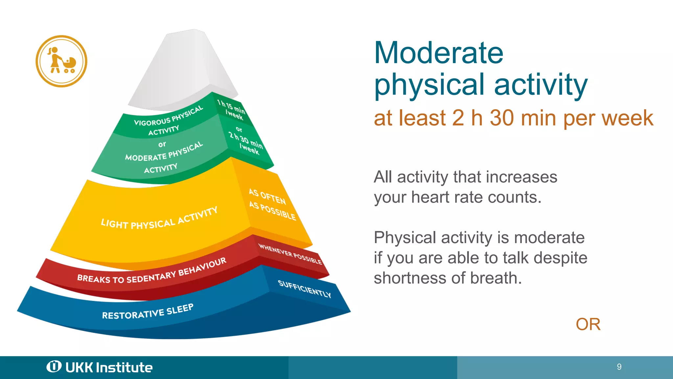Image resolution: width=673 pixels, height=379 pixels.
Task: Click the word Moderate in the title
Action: (x=438, y=53)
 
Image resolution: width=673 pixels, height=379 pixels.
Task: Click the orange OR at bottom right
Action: (x=588, y=324)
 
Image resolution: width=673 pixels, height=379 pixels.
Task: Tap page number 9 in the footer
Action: (x=619, y=367)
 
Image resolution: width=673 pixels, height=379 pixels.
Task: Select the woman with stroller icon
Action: (x=61, y=61)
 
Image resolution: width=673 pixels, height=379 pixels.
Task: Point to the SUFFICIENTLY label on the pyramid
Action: (x=304, y=289)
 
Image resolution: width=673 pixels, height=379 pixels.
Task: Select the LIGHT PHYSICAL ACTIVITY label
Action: (x=159, y=219)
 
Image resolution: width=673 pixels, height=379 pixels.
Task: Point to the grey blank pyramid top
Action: (x=184, y=69)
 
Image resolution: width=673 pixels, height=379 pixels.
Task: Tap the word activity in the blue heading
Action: (x=541, y=85)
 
